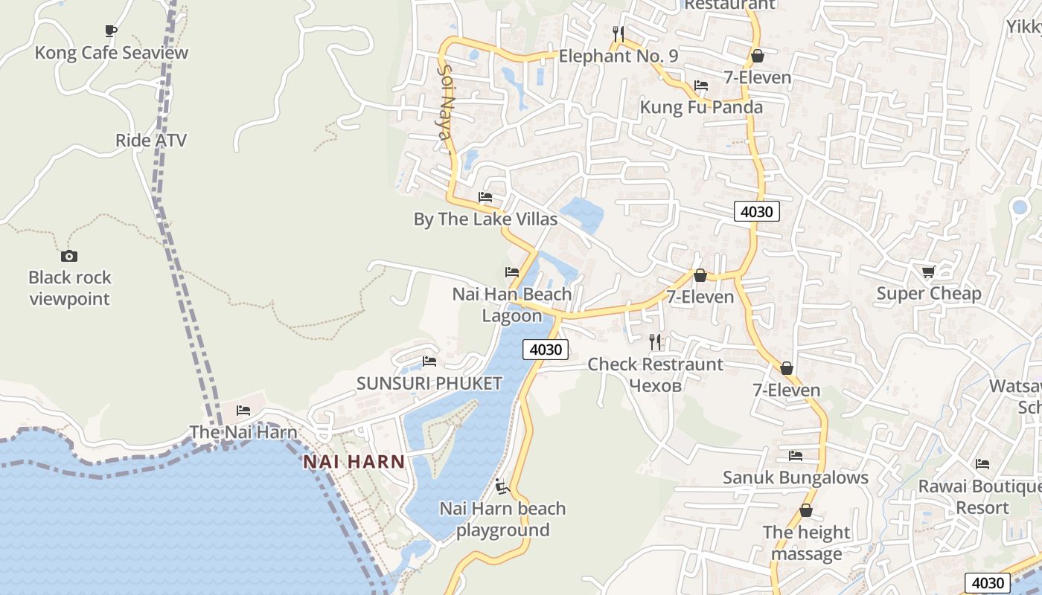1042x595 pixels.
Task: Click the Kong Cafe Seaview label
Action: click(112, 53)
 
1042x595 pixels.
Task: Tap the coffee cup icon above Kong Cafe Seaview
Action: click(110, 31)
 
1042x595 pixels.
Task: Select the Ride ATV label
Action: click(151, 141)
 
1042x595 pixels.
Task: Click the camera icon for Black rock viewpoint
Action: click(69, 256)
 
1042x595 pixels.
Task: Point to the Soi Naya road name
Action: click(445, 102)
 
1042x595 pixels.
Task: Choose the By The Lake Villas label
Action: click(485, 219)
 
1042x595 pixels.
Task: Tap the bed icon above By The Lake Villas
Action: click(485, 197)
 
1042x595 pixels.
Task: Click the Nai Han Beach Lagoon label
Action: click(512, 304)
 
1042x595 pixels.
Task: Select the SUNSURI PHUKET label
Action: click(429, 384)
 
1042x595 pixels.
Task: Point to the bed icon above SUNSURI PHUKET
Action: click(429, 361)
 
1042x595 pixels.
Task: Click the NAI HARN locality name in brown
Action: click(354, 462)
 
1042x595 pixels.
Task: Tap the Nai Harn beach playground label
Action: click(502, 519)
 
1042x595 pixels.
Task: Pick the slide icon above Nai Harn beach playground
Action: click(502, 487)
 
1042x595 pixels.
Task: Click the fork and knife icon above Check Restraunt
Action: click(655, 342)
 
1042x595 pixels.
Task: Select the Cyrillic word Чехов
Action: click(655, 385)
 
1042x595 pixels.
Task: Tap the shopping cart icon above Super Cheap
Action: click(928, 271)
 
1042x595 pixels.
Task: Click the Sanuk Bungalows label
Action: click(796, 477)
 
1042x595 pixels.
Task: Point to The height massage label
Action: click(806, 543)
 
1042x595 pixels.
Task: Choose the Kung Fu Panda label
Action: click(701, 107)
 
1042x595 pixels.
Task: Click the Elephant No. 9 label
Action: click(618, 56)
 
